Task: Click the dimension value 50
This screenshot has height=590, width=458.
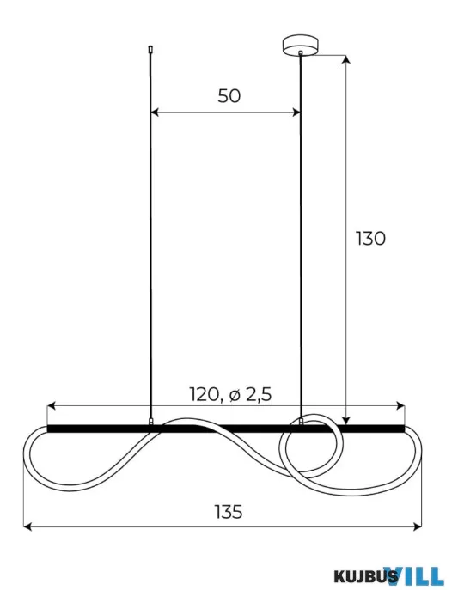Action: pos(229,96)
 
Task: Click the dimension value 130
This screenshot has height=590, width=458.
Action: pos(370,239)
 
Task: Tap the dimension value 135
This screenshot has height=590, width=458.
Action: pos(229,512)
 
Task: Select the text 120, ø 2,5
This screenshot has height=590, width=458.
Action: pos(230,394)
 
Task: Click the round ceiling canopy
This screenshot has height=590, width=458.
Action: pos(300,45)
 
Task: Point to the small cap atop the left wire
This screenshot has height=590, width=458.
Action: pos(151,49)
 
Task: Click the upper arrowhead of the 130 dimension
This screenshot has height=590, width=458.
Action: pos(346,59)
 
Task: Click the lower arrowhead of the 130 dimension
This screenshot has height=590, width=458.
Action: pos(346,420)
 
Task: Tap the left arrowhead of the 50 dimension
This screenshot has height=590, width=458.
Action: pos(155,113)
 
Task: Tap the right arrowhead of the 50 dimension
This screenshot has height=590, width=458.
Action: pos(296,113)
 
